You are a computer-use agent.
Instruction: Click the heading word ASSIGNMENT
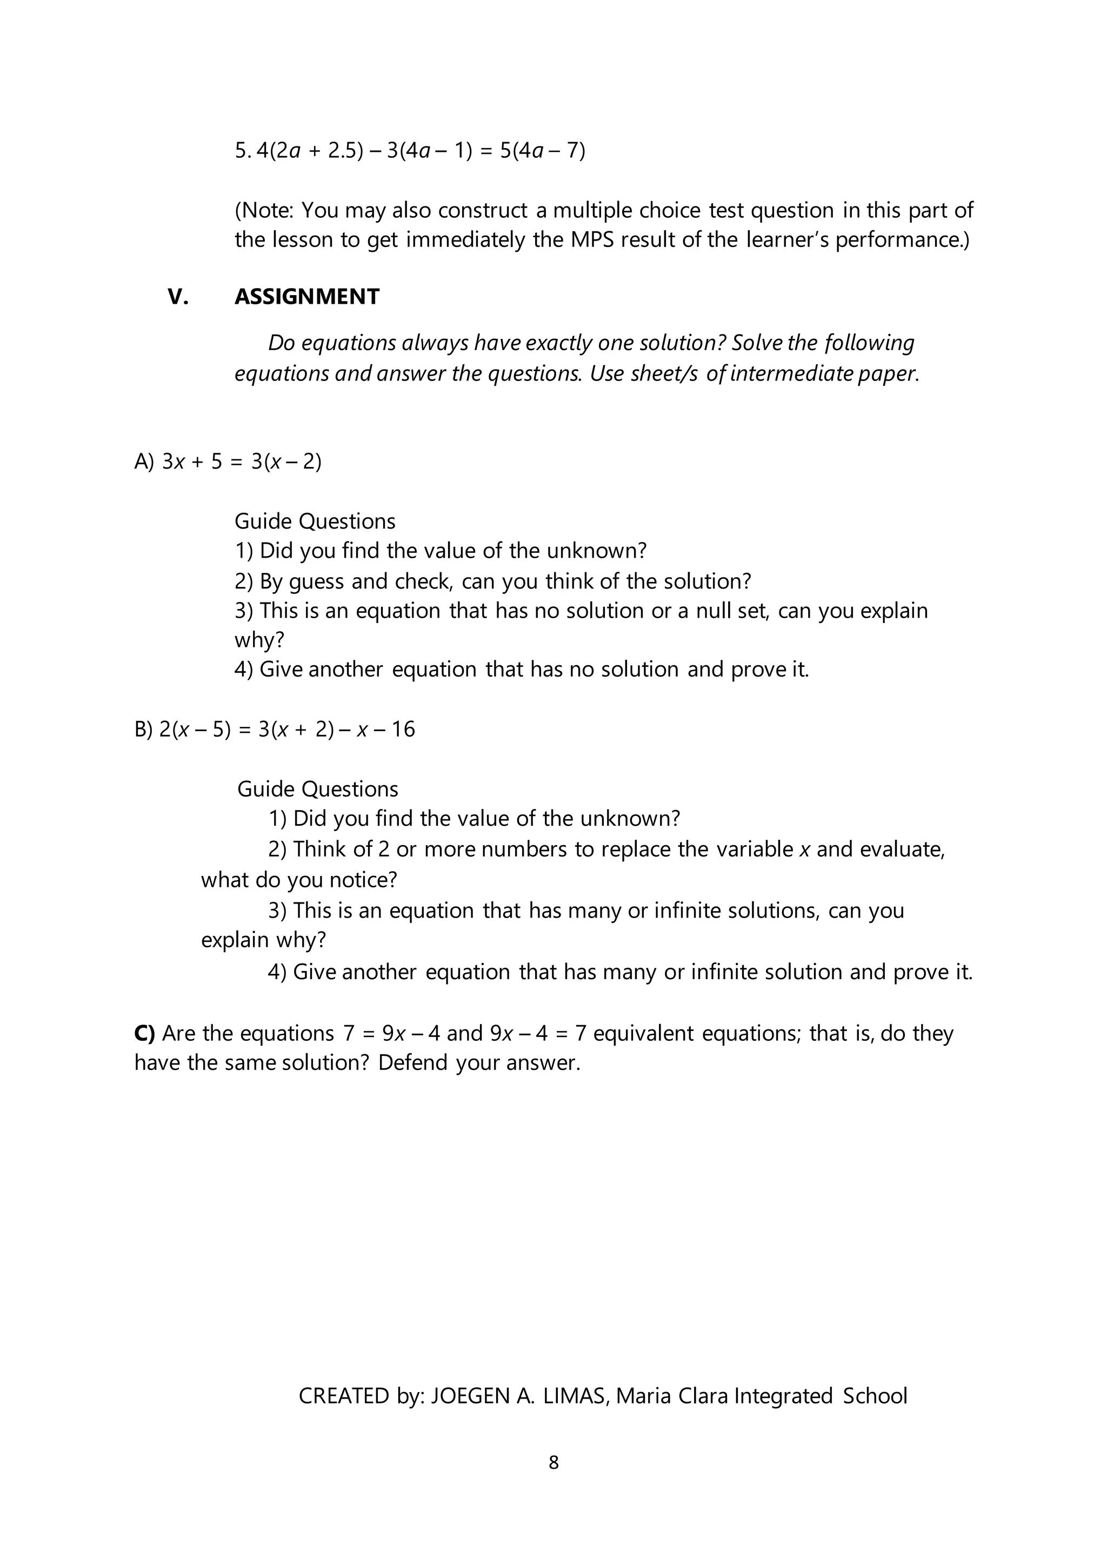coord(306,297)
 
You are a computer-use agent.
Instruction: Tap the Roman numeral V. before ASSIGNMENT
coord(178,297)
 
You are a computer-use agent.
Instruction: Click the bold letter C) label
coord(144,1033)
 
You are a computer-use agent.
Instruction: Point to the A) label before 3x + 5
coord(144,462)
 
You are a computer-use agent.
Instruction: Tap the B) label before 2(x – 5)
coord(144,730)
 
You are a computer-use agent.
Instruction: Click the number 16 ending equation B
coord(402,730)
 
